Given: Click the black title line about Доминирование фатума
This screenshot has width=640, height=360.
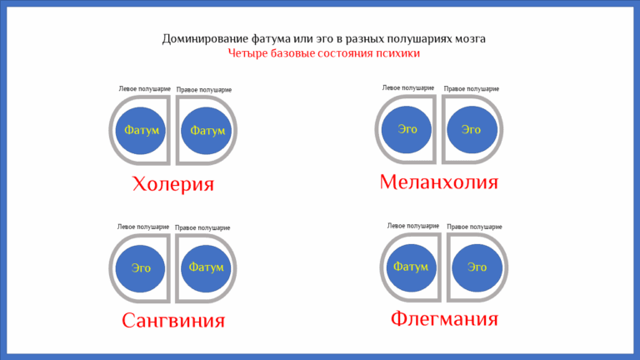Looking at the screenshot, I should click(323, 38).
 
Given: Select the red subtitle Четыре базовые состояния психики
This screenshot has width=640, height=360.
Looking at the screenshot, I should click(323, 52).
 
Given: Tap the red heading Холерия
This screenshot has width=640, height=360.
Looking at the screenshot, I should click(173, 184).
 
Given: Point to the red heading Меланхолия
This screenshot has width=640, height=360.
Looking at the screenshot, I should click(438, 182).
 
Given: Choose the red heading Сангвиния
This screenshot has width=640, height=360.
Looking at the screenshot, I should click(173, 320).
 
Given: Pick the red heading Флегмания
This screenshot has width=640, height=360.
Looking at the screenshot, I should click(444, 318).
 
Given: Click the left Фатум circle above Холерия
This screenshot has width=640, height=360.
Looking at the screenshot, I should click(142, 130).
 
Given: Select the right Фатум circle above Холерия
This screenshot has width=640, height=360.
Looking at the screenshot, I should click(207, 131).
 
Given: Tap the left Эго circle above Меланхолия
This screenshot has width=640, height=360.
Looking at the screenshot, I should click(407, 129).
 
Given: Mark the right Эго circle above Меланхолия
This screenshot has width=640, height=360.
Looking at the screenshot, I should click(472, 129).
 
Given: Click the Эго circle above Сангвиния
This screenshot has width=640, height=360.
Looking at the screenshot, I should click(142, 267).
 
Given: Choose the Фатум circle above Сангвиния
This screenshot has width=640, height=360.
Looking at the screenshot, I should click(206, 267).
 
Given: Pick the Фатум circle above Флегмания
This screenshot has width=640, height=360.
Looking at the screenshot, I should click(411, 267).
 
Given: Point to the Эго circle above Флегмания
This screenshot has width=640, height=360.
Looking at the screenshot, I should click(477, 267).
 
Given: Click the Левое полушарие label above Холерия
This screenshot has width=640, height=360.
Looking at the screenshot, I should click(144, 88).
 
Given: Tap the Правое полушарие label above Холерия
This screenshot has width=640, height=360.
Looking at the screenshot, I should click(204, 89).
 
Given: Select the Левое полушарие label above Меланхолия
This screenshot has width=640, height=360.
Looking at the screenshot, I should click(408, 87).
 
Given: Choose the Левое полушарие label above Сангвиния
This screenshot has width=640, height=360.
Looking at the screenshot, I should click(144, 227).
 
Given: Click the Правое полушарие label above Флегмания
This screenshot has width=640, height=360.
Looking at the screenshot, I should click(474, 226).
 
